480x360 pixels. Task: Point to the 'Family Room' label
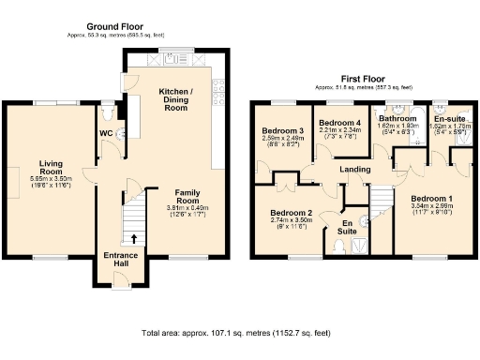click(186, 197)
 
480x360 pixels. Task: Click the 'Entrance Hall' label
click(119, 258)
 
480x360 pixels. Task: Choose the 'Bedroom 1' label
click(432, 199)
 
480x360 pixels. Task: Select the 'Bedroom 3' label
click(281, 130)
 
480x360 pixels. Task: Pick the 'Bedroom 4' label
click(338, 124)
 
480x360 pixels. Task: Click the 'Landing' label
click(354, 170)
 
